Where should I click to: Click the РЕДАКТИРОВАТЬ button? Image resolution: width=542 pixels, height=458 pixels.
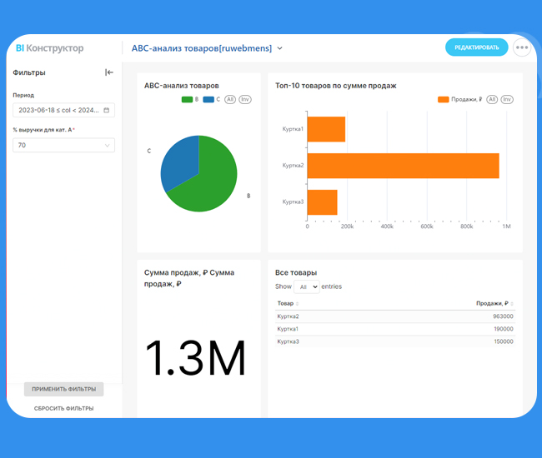coord(476,47)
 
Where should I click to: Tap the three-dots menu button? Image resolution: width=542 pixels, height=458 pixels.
coord(522,47)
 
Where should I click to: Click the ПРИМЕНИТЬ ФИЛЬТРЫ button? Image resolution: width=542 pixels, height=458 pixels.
coord(63,389)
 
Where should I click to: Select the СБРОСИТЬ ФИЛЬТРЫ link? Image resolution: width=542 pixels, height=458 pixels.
coord(63,408)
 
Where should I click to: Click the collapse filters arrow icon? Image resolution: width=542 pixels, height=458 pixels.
coord(109,72)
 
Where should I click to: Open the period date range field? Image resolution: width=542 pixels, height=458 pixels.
coord(63,110)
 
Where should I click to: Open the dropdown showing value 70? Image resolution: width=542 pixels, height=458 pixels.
coord(63,145)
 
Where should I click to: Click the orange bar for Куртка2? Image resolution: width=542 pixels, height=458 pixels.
coord(403,166)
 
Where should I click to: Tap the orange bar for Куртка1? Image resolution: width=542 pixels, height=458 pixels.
coord(326,129)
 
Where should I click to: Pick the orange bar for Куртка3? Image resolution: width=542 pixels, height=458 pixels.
coord(323,202)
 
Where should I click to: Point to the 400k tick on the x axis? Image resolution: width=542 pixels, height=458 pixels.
coord(387,227)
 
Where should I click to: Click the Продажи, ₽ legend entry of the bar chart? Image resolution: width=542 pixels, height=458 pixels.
coord(460,99)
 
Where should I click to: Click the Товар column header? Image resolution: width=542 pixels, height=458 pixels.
coord(286,303)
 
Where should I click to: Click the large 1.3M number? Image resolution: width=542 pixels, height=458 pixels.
coord(195,359)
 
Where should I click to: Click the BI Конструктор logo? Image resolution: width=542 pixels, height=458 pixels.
coord(50,48)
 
